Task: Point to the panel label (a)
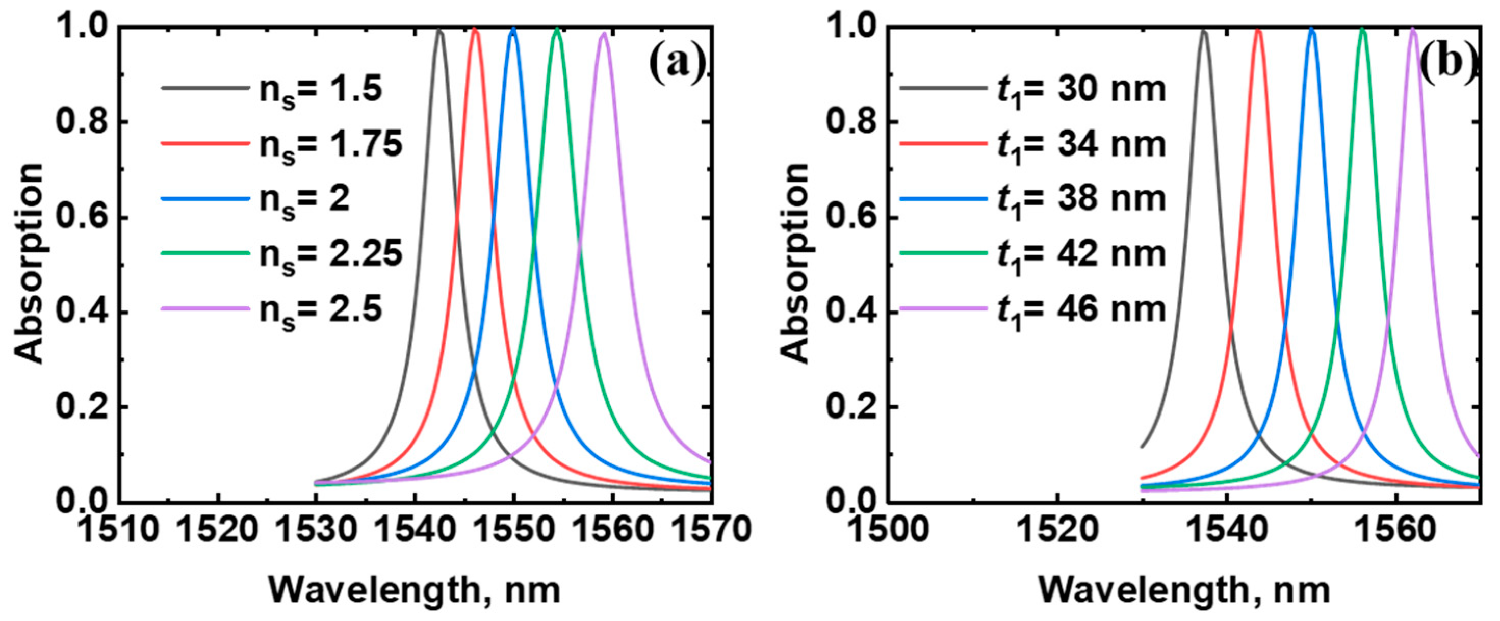coord(677,64)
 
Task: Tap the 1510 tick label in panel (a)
coord(118,531)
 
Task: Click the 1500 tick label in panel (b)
coord(889,531)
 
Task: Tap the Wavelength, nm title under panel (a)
coord(415,590)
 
